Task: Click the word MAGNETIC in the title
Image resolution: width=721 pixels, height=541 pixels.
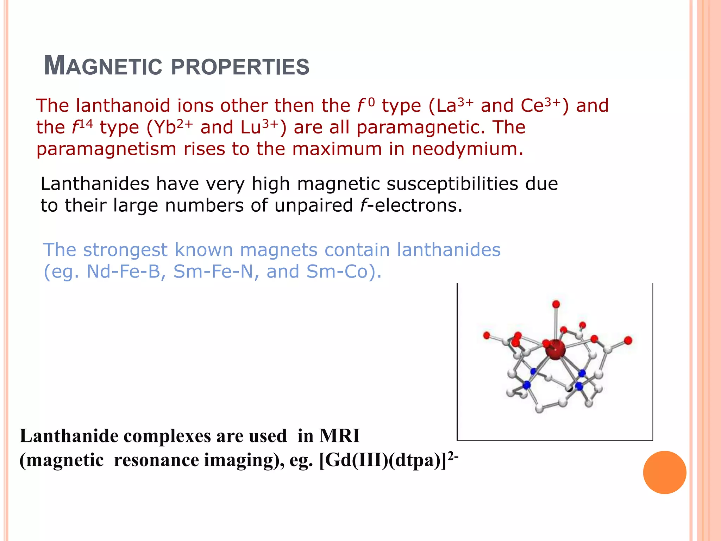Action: [103, 66]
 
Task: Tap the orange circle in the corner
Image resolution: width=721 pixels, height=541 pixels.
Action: [664, 472]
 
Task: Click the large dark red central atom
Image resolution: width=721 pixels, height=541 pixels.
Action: [555, 349]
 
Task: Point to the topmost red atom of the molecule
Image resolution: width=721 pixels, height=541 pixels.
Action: [556, 304]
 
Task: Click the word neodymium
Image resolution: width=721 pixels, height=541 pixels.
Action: [467, 149]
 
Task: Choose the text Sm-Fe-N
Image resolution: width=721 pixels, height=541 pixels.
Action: [213, 272]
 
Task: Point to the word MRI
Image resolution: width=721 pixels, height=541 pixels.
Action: [339, 436]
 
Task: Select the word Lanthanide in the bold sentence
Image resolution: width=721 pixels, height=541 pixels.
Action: [69, 436]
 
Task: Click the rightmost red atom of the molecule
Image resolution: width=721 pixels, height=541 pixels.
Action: [628, 340]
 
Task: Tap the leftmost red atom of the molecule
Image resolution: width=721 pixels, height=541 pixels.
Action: [487, 335]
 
